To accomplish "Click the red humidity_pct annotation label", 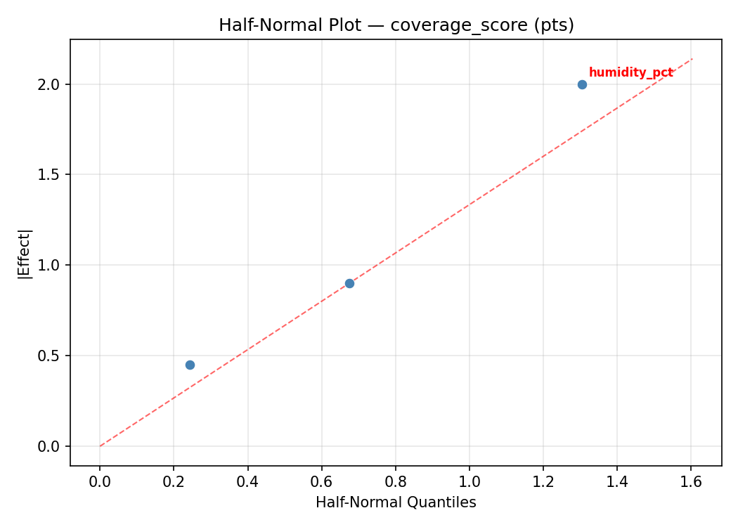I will (x=630, y=72).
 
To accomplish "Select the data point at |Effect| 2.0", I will (x=582, y=84).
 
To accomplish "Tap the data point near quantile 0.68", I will (x=349, y=283).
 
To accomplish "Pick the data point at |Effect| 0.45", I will (x=190, y=365).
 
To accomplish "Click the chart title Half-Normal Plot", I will (x=396, y=25).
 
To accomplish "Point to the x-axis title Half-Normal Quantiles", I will (x=396, y=502).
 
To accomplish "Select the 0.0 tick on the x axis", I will (x=100, y=481).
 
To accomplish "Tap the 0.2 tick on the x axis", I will (x=174, y=481).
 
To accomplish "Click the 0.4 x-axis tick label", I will (x=247, y=481).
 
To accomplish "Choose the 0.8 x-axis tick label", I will (x=396, y=481).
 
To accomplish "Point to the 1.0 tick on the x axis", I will (x=470, y=481).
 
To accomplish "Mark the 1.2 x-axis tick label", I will (x=543, y=481).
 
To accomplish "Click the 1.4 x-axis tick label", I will (x=617, y=481).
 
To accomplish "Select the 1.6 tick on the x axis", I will (x=691, y=481).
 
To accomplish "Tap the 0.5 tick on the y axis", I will (x=50, y=356).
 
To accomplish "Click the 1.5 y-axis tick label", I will (x=50, y=174).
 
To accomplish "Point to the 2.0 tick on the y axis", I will (x=50, y=84).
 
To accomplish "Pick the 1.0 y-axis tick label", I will (x=50, y=265).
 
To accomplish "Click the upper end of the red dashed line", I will (x=692, y=58).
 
